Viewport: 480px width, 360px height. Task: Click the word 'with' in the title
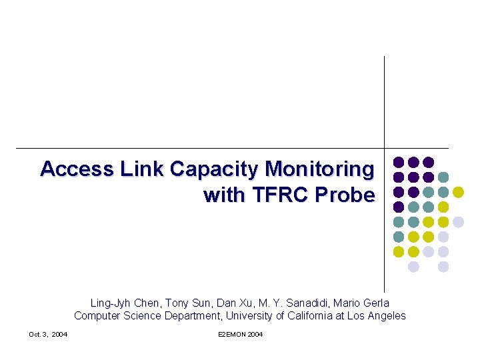[224, 195]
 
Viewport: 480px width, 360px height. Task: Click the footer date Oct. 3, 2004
[48, 334]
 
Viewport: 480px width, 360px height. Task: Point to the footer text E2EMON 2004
[240, 334]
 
